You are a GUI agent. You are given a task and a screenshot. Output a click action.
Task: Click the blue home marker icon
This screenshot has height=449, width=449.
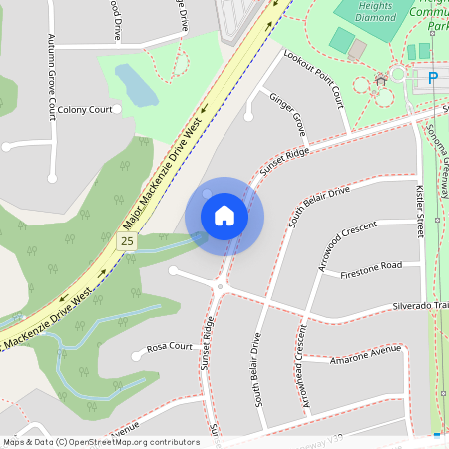click(224, 216)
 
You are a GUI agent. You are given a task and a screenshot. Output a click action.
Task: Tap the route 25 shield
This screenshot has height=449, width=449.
click(127, 241)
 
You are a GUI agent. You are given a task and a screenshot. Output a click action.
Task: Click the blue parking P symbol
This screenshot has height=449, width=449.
click(433, 77)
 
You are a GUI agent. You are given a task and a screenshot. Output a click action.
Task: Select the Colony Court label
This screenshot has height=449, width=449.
click(85, 109)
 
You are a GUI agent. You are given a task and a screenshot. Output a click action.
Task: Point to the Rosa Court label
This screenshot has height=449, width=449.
click(169, 347)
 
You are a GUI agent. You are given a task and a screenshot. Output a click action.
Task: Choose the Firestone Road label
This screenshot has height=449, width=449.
click(371, 266)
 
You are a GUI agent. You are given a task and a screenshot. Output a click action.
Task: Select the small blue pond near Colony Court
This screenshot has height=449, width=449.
click(134, 85)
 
